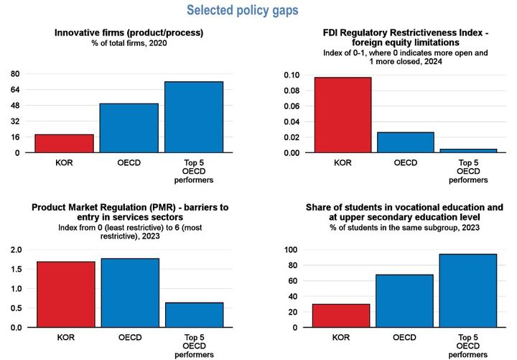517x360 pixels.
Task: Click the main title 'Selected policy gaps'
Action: [242, 11]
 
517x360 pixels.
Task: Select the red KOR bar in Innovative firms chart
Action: [65, 144]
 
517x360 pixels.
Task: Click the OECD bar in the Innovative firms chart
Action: [129, 128]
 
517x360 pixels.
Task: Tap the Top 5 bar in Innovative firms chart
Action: [194, 117]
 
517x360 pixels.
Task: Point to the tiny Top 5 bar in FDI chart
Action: [467, 151]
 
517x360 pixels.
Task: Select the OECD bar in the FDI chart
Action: [406, 142]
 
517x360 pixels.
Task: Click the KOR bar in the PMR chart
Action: [65, 295]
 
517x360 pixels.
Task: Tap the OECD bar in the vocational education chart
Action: [406, 300]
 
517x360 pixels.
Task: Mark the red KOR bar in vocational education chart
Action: [342, 315]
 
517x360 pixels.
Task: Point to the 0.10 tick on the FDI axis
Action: [291, 75]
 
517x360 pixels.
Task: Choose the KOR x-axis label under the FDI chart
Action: [342, 163]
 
